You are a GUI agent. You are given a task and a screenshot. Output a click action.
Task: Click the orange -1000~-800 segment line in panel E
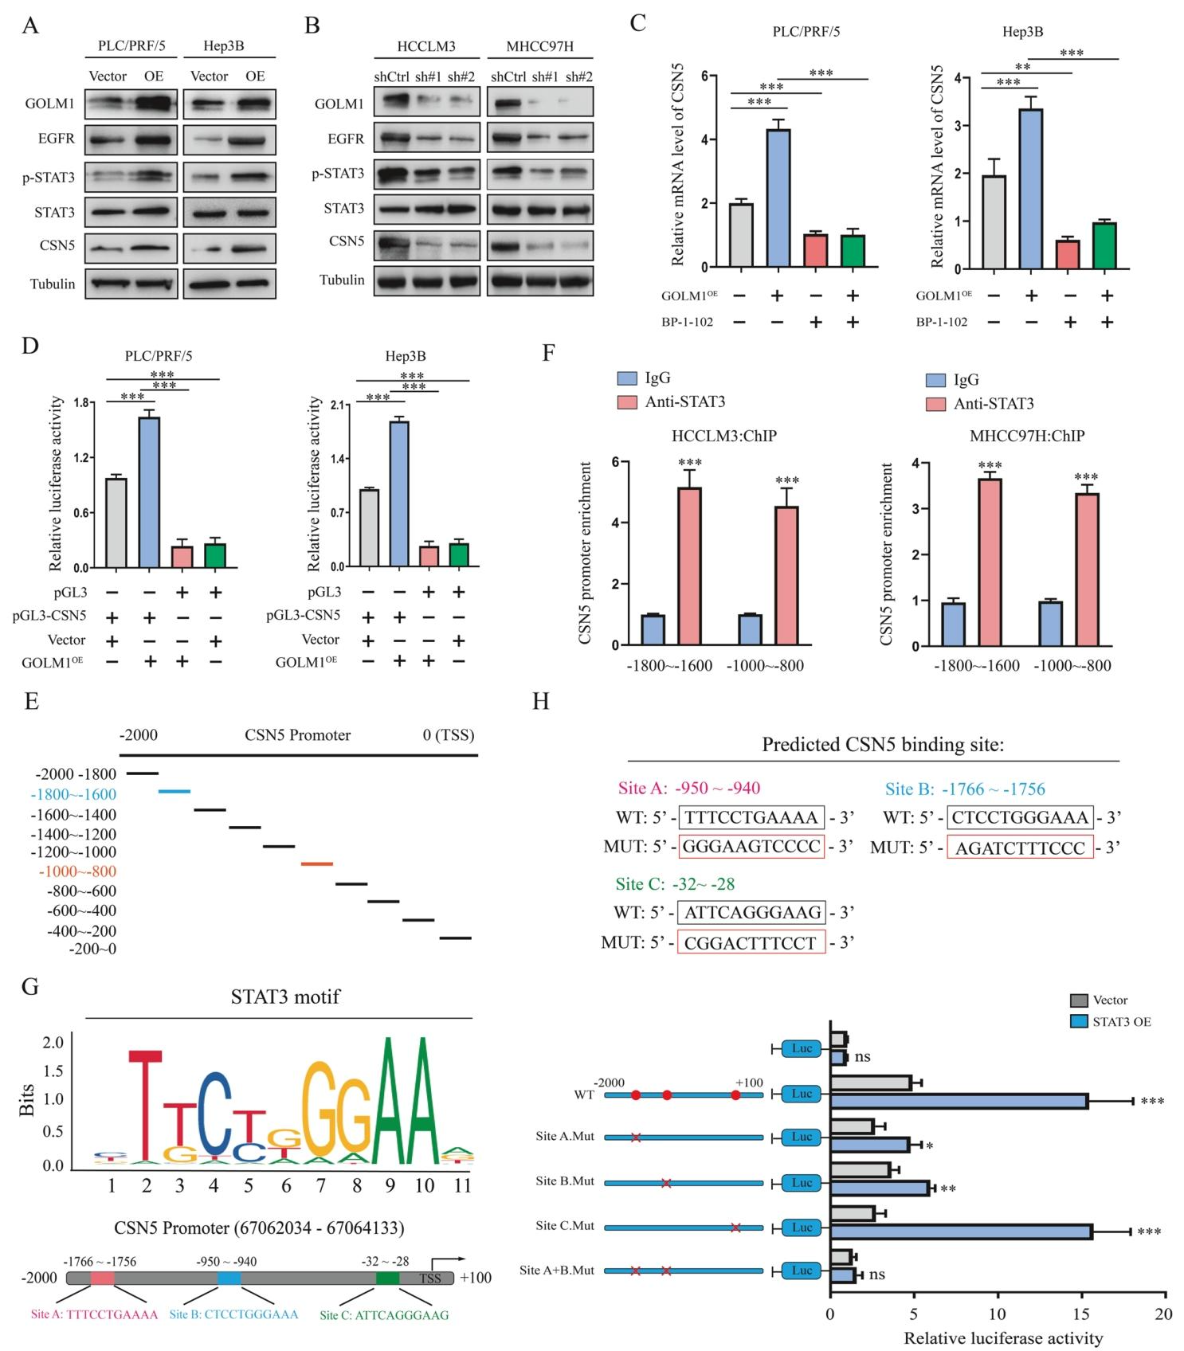click(316, 863)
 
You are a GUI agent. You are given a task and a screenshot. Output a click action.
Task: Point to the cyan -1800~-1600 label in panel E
click(73, 794)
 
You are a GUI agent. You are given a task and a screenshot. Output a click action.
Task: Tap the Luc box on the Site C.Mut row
click(802, 1228)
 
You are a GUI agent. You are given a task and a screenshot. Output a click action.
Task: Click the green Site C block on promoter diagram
click(387, 1278)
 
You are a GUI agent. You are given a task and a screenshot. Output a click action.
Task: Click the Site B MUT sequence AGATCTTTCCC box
click(1020, 848)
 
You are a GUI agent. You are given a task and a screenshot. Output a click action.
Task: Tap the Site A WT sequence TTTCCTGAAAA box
click(751, 817)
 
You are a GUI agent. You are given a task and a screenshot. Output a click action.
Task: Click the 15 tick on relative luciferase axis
click(1080, 1314)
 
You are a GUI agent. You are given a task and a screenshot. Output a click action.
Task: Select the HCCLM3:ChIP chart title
click(723, 436)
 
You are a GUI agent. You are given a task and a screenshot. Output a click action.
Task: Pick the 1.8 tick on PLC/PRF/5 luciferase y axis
click(80, 403)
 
